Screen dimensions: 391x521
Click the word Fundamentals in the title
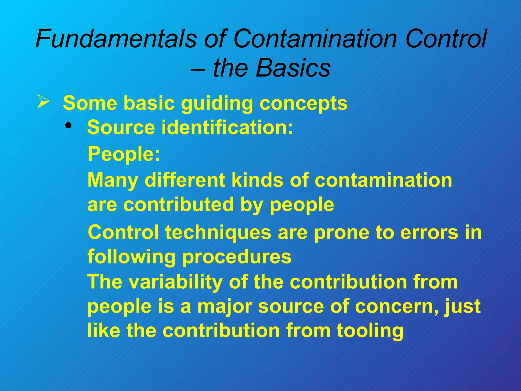(x=116, y=39)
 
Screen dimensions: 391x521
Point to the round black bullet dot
(x=68, y=125)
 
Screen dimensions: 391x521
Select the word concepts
(x=303, y=104)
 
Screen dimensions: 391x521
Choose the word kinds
(x=257, y=180)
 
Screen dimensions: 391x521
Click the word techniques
(x=218, y=233)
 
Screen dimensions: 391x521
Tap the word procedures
(x=237, y=257)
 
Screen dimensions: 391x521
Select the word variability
(x=175, y=282)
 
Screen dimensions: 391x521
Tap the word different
(x=185, y=180)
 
